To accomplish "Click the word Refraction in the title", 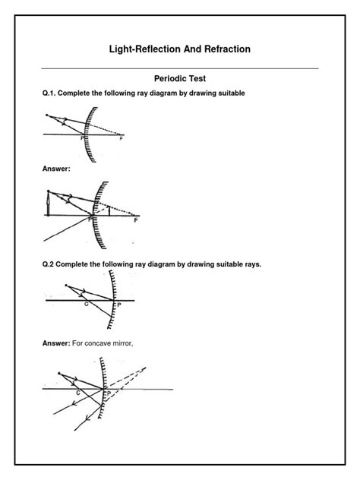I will click(222, 49).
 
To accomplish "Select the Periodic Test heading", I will click(179, 78).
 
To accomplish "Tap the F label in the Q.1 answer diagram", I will click(135, 221).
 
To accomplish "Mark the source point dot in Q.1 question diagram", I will click(46, 115).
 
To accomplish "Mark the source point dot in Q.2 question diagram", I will click(68, 286).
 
